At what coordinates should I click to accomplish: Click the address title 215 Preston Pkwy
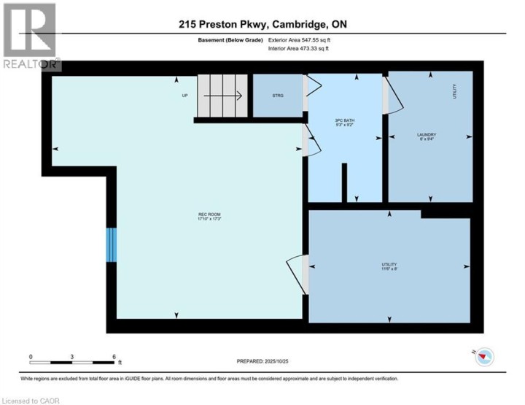click(262, 24)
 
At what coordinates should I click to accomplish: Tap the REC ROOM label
click(209, 216)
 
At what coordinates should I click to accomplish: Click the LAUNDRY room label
click(427, 136)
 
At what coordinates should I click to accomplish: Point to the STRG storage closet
click(278, 96)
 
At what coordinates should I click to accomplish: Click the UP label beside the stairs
click(184, 96)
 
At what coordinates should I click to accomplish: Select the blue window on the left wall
click(111, 245)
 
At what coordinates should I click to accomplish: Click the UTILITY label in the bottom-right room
click(389, 266)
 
